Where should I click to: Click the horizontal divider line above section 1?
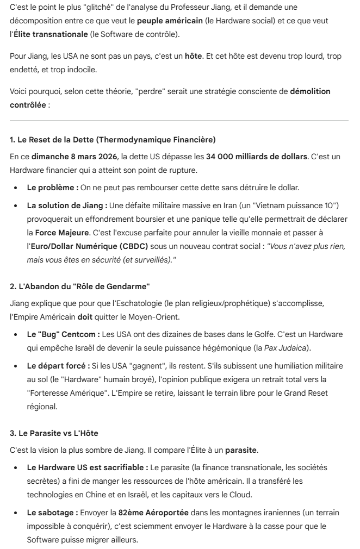[179, 120]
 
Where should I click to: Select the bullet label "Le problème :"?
[52, 187]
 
